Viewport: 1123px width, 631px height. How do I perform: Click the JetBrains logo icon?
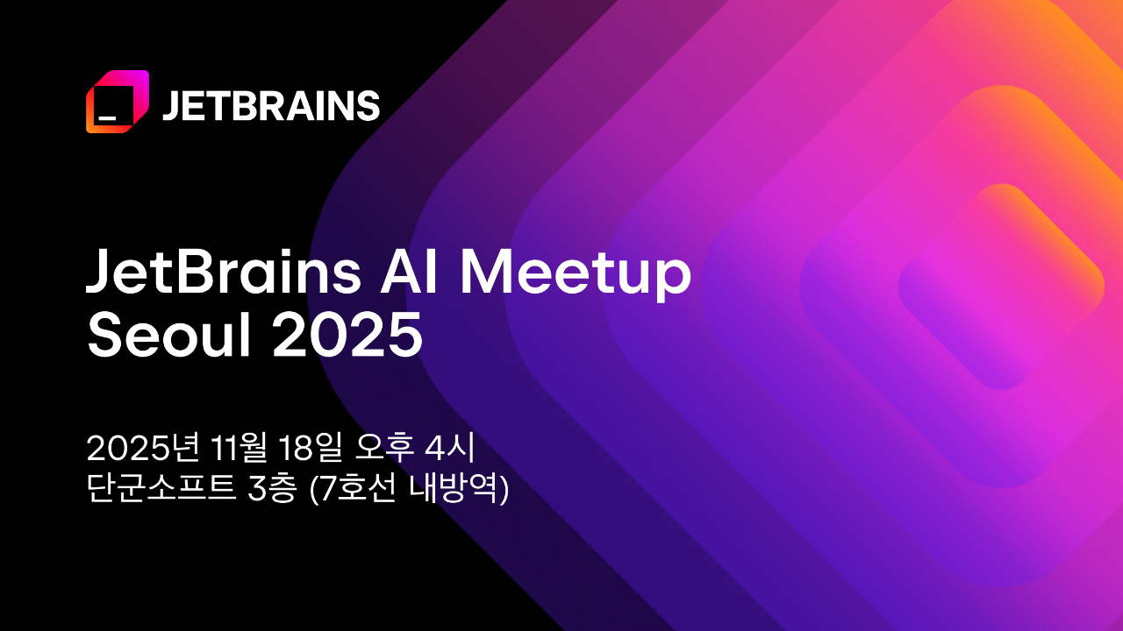[x=118, y=102]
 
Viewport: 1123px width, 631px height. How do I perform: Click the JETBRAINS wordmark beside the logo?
[x=271, y=106]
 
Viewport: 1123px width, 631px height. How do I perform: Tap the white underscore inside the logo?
[x=107, y=118]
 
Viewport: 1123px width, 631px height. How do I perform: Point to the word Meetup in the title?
[x=576, y=275]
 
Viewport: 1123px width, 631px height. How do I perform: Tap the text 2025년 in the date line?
[x=143, y=448]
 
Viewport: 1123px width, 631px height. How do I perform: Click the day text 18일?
[x=310, y=448]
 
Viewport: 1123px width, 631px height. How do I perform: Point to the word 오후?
[x=384, y=448]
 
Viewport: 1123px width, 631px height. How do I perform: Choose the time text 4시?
[x=449, y=448]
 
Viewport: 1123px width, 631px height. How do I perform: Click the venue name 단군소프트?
[x=161, y=487]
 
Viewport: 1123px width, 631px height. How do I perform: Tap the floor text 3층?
[x=272, y=487]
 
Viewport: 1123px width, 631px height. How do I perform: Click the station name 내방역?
[x=454, y=487]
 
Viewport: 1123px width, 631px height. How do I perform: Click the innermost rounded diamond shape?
[x=1001, y=287]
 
